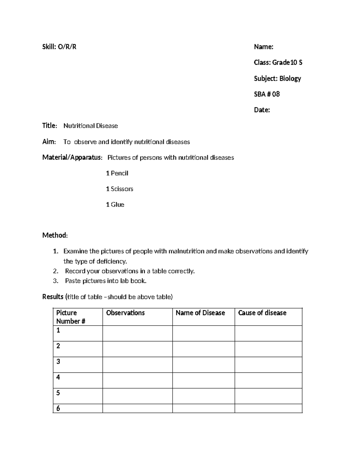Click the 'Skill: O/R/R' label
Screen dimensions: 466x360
[x=59, y=47]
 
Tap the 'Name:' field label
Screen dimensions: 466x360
[x=263, y=47]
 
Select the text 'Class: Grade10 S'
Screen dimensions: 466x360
[x=278, y=62]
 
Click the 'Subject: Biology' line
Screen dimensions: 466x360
[x=277, y=78]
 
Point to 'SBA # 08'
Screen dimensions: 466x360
[x=267, y=94]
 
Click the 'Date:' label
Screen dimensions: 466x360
[x=262, y=110]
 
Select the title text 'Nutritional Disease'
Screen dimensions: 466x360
[x=91, y=126]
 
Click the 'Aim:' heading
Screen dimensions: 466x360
[x=49, y=142]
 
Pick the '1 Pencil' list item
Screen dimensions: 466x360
[x=117, y=173]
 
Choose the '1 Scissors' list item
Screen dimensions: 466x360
[x=119, y=189]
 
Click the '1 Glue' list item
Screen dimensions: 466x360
[x=115, y=204]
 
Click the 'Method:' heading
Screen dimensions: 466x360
[x=55, y=235]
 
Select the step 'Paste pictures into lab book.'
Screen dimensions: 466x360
[x=106, y=281]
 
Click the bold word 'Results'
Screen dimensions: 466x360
[x=53, y=297]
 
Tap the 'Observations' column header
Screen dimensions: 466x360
[x=125, y=313]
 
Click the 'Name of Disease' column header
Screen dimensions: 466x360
[x=200, y=313]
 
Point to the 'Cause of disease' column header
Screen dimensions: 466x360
[x=262, y=313]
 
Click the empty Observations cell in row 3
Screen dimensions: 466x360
[x=137, y=365]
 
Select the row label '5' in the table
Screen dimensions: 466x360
[x=58, y=393]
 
